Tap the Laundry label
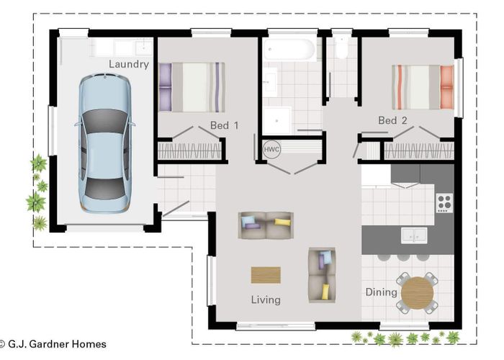[x=129, y=64]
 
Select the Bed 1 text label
[x=224, y=125]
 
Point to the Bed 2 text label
[x=393, y=120]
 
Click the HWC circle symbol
[x=271, y=149]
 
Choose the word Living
[x=266, y=300]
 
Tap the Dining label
[x=381, y=292]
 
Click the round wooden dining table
[x=417, y=293]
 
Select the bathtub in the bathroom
[x=289, y=49]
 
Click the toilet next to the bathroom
[x=341, y=47]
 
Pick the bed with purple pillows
[x=191, y=87]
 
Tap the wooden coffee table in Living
[x=266, y=275]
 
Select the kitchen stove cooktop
[x=444, y=202]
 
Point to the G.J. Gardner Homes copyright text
[x=53, y=344]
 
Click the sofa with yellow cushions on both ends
[x=266, y=225]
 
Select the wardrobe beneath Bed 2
[x=418, y=151]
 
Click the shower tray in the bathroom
[x=277, y=120]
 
